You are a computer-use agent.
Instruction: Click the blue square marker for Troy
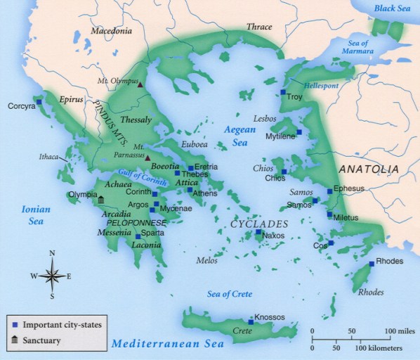pos(283,92)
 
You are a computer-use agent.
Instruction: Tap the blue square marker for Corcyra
pos(39,102)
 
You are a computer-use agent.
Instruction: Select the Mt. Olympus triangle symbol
pos(140,84)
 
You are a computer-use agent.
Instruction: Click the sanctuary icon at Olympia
pos(100,200)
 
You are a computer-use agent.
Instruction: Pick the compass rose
pos(52,275)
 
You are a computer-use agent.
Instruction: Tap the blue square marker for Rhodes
pos(372,264)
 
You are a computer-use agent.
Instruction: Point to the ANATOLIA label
pos(369,169)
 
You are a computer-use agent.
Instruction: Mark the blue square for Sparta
pos(138,236)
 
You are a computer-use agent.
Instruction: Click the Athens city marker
pos(190,190)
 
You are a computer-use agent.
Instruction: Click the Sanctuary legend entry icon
pos(15,341)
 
